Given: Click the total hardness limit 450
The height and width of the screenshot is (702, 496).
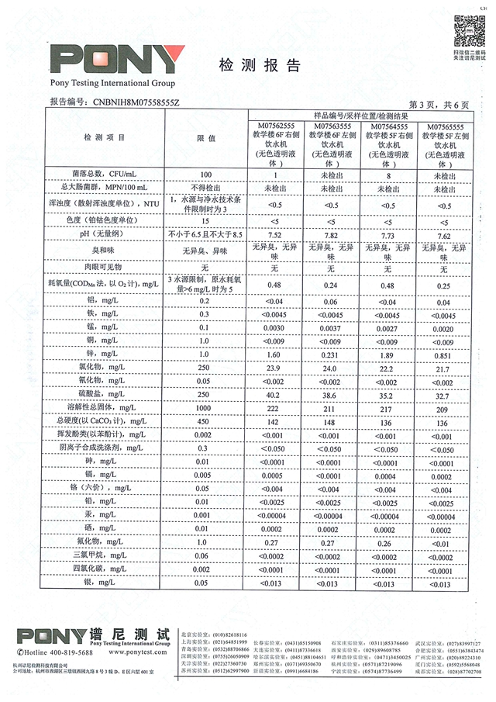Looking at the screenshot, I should pos(205,421).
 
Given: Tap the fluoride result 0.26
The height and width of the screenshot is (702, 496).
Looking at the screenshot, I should pos(387,542).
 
